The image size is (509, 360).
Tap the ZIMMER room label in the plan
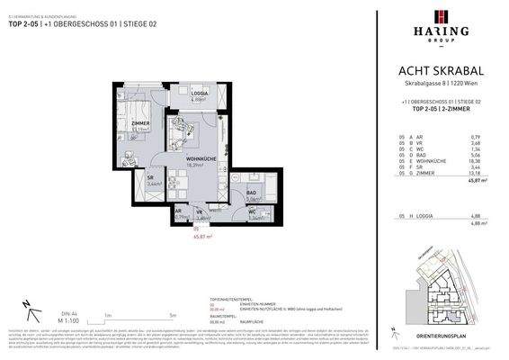(139, 122)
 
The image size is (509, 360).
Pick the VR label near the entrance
(200, 211)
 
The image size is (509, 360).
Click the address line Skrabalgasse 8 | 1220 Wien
(440, 84)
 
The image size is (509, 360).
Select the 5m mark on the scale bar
(172, 315)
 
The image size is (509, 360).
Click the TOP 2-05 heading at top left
(26, 24)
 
